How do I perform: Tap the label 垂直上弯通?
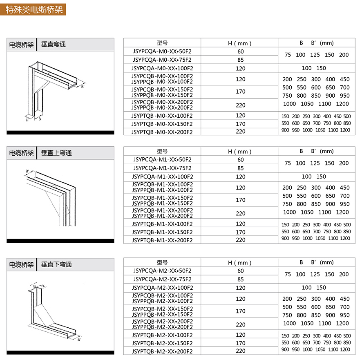56,153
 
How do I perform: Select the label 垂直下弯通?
56,264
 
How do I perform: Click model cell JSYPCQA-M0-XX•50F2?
162,51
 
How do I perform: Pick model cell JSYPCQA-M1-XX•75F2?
162,168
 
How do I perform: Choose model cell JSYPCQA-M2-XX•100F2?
162,288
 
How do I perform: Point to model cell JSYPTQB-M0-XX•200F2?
162,132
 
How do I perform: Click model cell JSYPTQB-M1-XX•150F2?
162,232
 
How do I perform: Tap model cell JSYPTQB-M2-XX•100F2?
162,335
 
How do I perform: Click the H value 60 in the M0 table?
240,51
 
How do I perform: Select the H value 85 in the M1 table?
240,168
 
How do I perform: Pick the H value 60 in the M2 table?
240,271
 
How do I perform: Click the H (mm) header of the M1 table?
240,152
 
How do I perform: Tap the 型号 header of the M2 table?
162,262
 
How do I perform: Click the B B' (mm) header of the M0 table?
316,43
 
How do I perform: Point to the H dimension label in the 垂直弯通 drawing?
27,121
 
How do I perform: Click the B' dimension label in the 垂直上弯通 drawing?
28,170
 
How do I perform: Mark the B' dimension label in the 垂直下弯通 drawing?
79,339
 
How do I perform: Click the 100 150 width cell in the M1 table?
314,177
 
